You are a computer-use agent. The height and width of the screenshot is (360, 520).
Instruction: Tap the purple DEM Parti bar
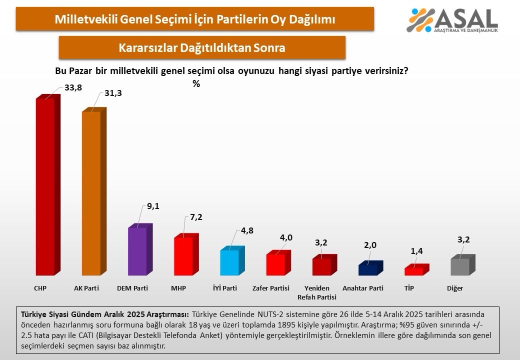pos(137,251)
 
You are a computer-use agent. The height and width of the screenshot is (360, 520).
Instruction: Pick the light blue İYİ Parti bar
pos(229,262)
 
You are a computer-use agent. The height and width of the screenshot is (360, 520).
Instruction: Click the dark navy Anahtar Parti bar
pos(367,269)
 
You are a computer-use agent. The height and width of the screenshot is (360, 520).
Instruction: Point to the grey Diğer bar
pos(460,266)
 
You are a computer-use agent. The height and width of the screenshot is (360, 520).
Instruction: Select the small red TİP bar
pos(413,271)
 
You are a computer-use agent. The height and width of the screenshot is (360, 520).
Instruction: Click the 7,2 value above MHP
pos(195,217)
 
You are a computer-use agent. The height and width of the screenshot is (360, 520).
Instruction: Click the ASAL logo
pos(452,20)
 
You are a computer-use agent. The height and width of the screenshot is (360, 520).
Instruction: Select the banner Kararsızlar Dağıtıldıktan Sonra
pos(202,48)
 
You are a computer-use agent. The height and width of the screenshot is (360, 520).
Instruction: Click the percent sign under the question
pos(196,84)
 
